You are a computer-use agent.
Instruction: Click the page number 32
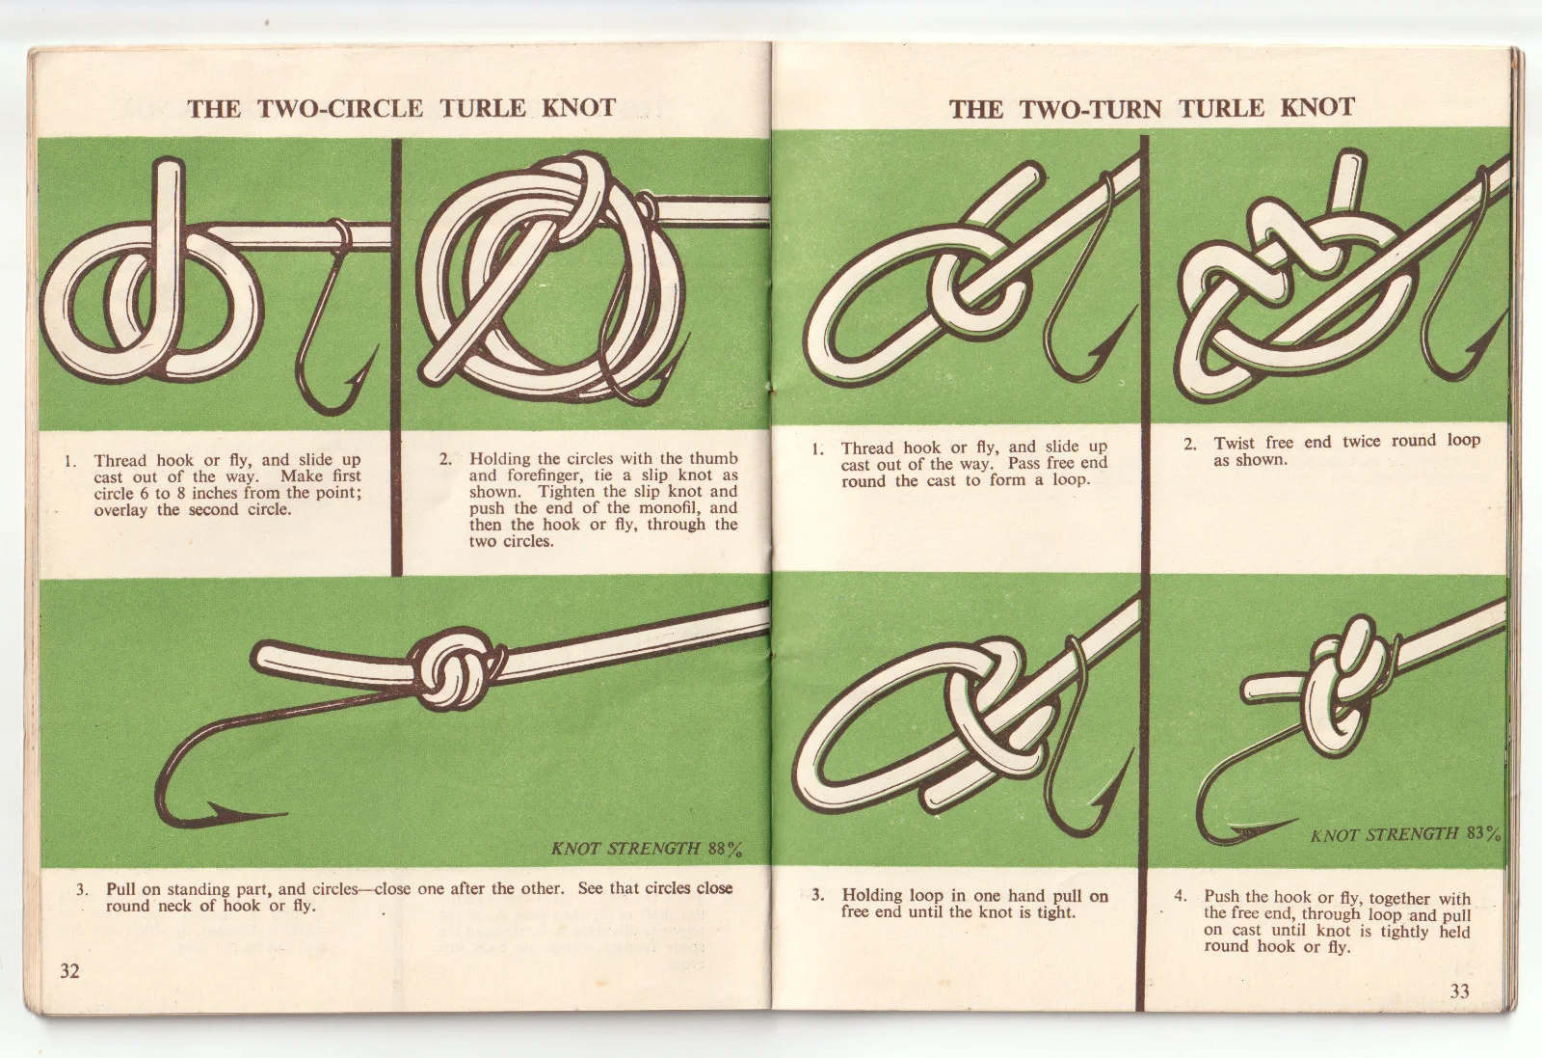pos(70,971)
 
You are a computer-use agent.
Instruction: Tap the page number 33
pos(1459,991)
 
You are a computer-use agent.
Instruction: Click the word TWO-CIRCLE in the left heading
pos(340,108)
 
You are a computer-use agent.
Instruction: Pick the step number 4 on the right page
pos(1180,897)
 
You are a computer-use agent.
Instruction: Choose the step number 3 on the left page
pos(82,888)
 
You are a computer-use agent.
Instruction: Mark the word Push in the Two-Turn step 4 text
pos(1220,898)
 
